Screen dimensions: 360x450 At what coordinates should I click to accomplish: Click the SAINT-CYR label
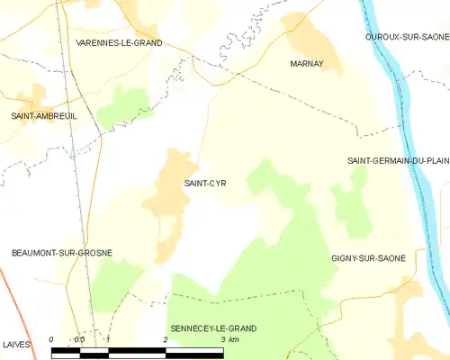click(205, 184)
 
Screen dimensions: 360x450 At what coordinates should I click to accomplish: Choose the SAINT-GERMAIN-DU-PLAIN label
click(398, 160)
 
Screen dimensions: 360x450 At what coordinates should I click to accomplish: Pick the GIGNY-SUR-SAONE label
click(368, 258)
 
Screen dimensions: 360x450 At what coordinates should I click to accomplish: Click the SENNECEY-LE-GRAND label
click(213, 328)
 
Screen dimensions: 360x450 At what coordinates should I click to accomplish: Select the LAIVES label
click(16, 344)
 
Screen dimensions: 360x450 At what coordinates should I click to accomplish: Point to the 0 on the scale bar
click(52, 339)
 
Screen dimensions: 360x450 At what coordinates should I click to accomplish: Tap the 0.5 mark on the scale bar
click(79, 339)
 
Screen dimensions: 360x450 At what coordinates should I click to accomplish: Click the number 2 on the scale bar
click(166, 339)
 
